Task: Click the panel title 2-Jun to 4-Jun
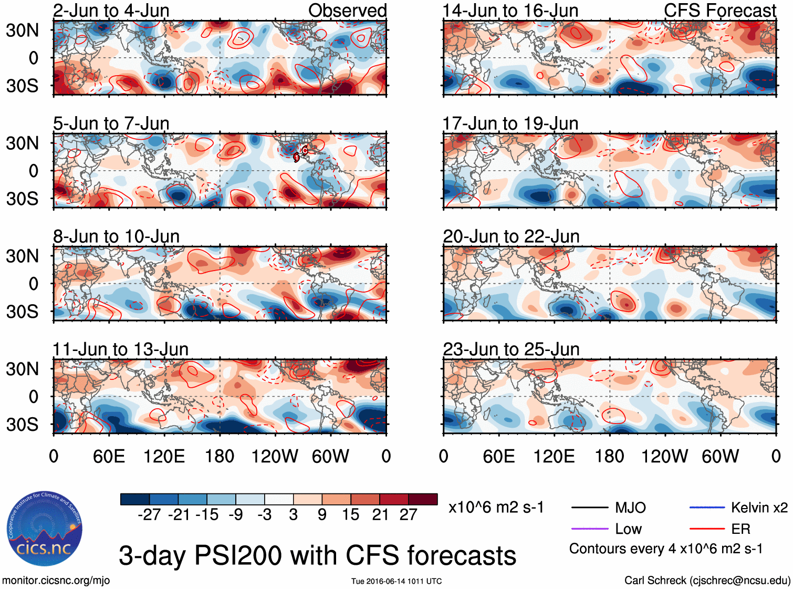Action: tap(111, 11)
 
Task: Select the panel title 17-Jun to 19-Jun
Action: tap(510, 123)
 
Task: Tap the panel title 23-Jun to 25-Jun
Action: tap(511, 349)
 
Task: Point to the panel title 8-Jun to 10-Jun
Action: tap(116, 236)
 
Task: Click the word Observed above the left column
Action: tap(347, 11)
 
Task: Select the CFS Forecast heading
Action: tap(719, 11)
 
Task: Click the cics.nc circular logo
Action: tap(44, 529)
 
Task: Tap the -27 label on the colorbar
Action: tap(149, 514)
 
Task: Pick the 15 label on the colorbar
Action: tap(350, 514)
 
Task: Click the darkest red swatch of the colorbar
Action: tap(423, 499)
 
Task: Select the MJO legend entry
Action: tap(630, 508)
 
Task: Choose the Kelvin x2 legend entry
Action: tap(759, 508)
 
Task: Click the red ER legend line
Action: tap(707, 529)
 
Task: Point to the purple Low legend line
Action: tap(589, 529)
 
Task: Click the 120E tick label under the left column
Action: tap(164, 456)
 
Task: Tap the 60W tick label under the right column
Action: tap(720, 456)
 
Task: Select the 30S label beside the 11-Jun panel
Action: tap(22, 425)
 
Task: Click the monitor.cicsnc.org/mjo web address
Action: tap(56, 581)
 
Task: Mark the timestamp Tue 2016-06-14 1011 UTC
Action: tap(396, 581)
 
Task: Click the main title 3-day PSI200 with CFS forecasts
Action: tap(317, 555)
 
